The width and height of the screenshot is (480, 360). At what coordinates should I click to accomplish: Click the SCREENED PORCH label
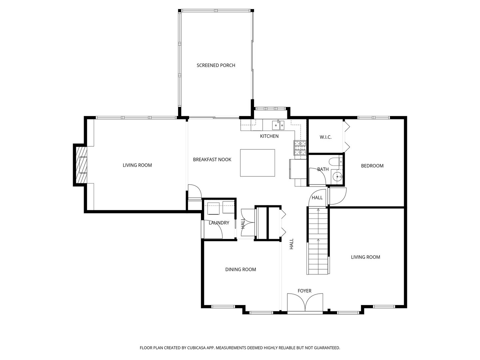click(216, 65)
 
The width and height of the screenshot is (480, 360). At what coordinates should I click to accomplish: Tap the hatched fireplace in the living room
click(81, 165)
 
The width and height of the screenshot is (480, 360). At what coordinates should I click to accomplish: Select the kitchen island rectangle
click(257, 163)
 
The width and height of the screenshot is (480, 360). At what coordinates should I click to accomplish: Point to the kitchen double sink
click(278, 125)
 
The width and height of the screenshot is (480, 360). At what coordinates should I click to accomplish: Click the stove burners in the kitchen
click(300, 148)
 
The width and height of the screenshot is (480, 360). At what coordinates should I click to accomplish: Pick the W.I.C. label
click(325, 137)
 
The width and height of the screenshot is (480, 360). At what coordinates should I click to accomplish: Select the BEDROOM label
click(372, 166)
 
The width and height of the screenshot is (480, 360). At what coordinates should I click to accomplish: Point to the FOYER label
click(304, 291)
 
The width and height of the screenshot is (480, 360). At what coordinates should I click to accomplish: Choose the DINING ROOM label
click(241, 269)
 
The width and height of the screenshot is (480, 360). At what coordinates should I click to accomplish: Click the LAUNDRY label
click(219, 223)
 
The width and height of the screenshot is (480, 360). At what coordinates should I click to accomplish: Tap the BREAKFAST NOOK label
click(212, 160)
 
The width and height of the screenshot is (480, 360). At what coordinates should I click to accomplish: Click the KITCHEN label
click(269, 136)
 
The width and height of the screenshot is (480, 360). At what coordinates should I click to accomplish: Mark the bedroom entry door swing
click(338, 196)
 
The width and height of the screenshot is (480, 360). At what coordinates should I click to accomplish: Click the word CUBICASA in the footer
click(197, 348)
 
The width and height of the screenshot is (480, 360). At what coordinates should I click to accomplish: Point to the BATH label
click(323, 169)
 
